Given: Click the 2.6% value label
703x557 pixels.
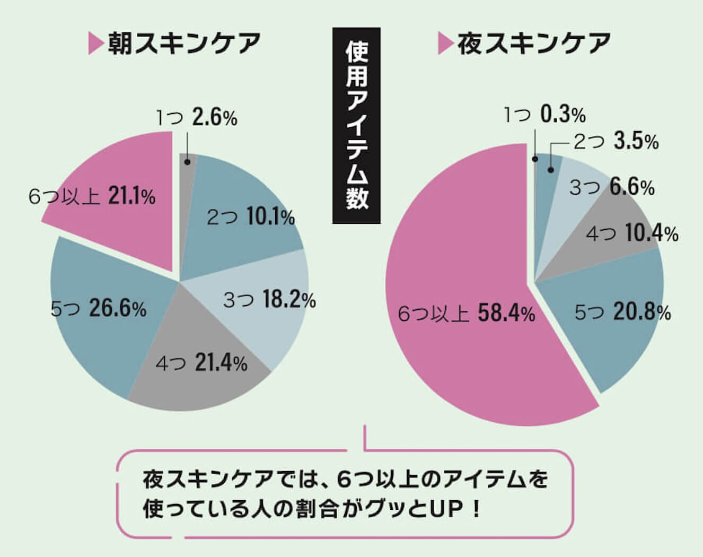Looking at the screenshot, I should (215, 118).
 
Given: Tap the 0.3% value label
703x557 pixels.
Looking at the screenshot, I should (563, 114).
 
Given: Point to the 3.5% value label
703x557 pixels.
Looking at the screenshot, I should (636, 142).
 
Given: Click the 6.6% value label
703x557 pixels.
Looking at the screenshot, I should (632, 187).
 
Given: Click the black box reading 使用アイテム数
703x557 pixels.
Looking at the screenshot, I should (356, 125).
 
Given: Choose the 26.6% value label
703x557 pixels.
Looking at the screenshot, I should (118, 309).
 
